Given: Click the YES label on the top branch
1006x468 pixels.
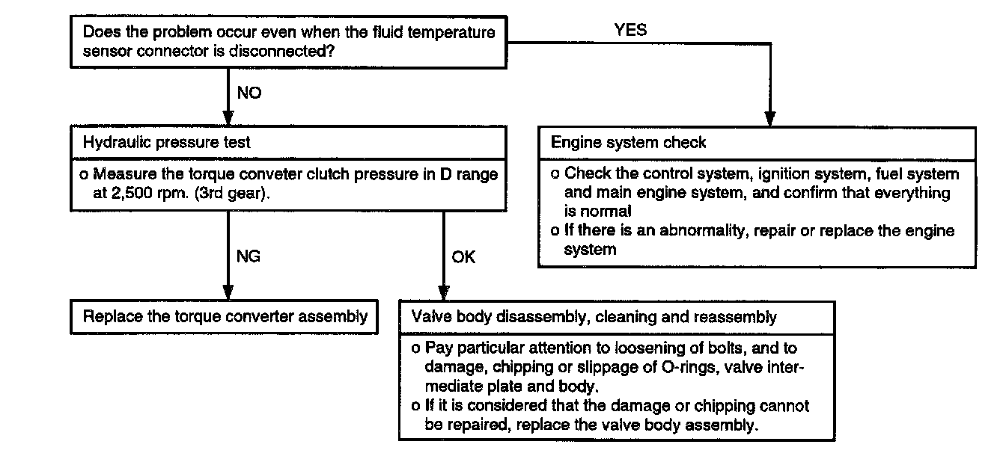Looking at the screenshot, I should click(x=631, y=31).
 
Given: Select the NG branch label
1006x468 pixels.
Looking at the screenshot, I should click(x=248, y=257).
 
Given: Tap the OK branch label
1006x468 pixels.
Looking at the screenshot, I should click(x=463, y=258).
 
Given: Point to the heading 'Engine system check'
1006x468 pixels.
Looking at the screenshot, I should click(x=629, y=142).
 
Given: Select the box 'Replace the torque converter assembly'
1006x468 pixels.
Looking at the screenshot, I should click(x=225, y=316).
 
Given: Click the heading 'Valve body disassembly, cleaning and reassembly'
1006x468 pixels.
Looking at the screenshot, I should click(x=594, y=317).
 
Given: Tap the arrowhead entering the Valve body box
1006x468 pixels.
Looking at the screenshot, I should click(x=443, y=292).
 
